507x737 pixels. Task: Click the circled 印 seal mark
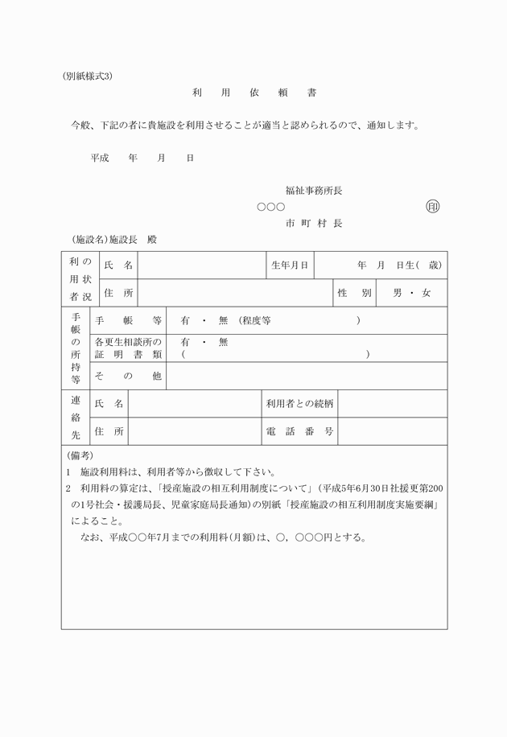[x=433, y=207]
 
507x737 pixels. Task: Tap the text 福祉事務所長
[x=314, y=191]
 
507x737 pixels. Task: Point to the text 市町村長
[x=314, y=223]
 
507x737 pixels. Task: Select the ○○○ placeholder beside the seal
[x=270, y=208]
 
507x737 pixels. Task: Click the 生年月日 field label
[x=290, y=265]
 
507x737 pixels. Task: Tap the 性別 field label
[x=354, y=293]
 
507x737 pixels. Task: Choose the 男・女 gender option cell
[x=411, y=293]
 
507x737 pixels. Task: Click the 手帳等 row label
[x=129, y=320]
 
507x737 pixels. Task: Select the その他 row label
[x=129, y=376]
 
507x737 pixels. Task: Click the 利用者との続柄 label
[x=300, y=403]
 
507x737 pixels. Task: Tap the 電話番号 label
[x=300, y=431]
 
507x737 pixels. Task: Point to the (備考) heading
[x=80, y=455]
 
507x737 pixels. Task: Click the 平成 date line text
[x=142, y=159]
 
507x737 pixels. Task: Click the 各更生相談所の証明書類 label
[x=129, y=348]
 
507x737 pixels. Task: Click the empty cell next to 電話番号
[x=392, y=431]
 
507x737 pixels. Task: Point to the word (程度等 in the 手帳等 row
[x=255, y=320]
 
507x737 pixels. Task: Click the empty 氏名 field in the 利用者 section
[x=201, y=265]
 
